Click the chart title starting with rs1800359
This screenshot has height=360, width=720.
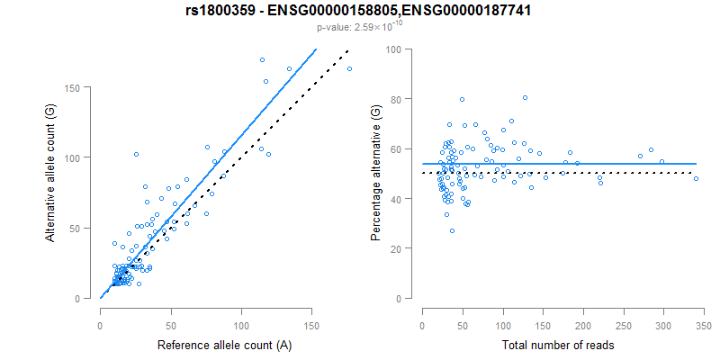click(x=360, y=11)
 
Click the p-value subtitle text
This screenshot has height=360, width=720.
click(x=360, y=28)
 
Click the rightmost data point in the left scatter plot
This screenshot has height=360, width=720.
click(x=349, y=68)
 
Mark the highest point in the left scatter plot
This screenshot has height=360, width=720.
click(x=262, y=59)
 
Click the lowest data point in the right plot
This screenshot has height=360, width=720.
click(x=452, y=230)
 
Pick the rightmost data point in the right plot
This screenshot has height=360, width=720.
click(x=696, y=178)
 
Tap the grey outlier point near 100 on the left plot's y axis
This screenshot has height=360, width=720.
click(x=136, y=155)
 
